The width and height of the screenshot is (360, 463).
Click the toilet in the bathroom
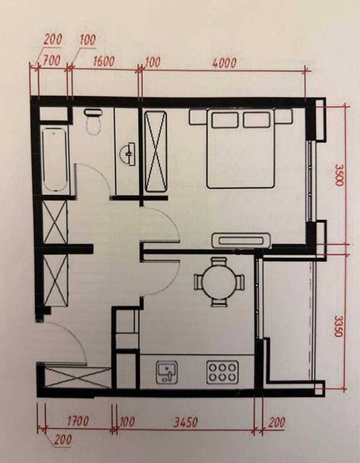click(93, 121)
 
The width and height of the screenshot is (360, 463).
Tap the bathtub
click(55, 160)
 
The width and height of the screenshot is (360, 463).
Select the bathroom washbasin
click(128, 153)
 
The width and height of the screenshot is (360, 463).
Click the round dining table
click(219, 282)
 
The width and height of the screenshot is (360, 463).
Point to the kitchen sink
click(167, 372)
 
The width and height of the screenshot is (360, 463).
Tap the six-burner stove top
click(222, 372)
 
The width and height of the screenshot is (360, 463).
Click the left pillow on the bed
click(225, 120)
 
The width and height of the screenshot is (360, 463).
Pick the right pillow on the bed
click(256, 120)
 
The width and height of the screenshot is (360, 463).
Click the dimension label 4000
click(224, 63)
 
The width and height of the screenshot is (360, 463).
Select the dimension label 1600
click(104, 62)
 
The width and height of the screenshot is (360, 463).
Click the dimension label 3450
click(185, 422)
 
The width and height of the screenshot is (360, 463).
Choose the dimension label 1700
click(77, 421)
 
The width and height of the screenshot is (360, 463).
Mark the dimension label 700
click(52, 60)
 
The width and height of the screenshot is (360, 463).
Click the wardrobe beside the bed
click(156, 152)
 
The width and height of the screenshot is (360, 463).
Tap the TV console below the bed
click(241, 240)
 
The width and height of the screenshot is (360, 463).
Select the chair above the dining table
click(219, 262)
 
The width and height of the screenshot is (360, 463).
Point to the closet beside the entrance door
click(77, 378)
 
